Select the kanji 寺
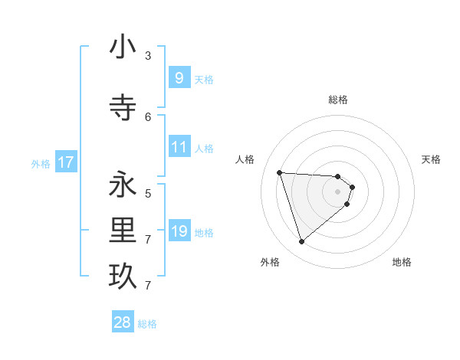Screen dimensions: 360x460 (123, 108)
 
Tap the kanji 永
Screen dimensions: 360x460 (123, 185)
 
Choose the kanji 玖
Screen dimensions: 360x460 (123, 277)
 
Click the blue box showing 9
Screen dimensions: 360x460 (179, 77)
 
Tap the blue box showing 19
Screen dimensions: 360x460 (179, 231)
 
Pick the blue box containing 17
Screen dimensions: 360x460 (65, 162)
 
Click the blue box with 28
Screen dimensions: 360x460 (123, 322)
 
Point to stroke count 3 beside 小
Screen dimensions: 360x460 (148, 55)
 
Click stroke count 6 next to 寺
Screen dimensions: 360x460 (148, 116)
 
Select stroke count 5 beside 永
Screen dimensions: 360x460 (148, 193)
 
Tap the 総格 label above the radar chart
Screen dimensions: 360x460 (338, 100)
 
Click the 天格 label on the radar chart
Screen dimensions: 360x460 (432, 159)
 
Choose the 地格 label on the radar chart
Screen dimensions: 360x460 (402, 262)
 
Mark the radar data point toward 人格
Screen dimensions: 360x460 (280, 172)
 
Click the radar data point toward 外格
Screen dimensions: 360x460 (301, 242)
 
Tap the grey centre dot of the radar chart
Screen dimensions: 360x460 (338, 201)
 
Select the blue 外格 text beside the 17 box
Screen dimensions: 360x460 (41, 163)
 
